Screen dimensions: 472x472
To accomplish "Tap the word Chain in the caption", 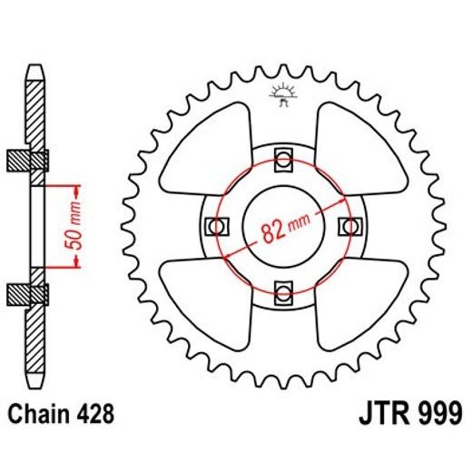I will pos(37,415).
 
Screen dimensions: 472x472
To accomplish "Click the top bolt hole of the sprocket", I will pos(283,162).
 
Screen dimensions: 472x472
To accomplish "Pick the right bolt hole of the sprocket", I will pos(348,226).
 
